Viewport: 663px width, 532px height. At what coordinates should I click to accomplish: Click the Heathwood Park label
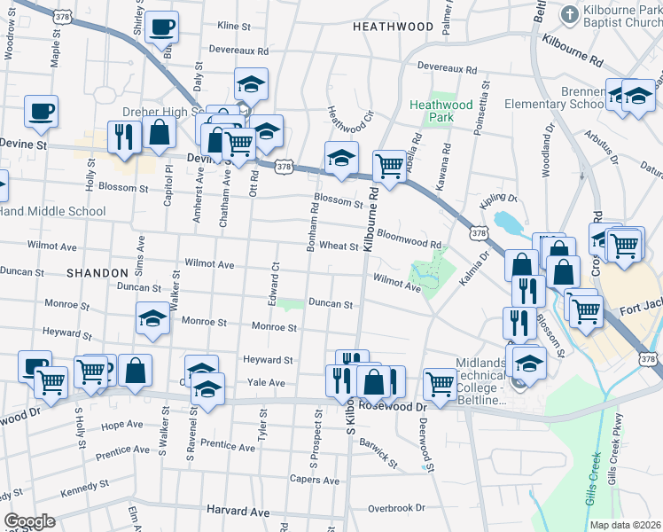coord(431,111)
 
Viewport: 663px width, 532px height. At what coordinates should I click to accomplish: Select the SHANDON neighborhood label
coord(93,273)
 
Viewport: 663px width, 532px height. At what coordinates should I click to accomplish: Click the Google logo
coord(30,521)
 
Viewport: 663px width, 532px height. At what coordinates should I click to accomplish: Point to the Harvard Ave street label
coord(238,512)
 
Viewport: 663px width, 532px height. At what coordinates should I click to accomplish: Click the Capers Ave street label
coord(314,481)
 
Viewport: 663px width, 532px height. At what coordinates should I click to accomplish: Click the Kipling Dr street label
coord(499,199)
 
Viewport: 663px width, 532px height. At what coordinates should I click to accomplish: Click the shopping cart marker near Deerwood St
coord(440,383)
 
